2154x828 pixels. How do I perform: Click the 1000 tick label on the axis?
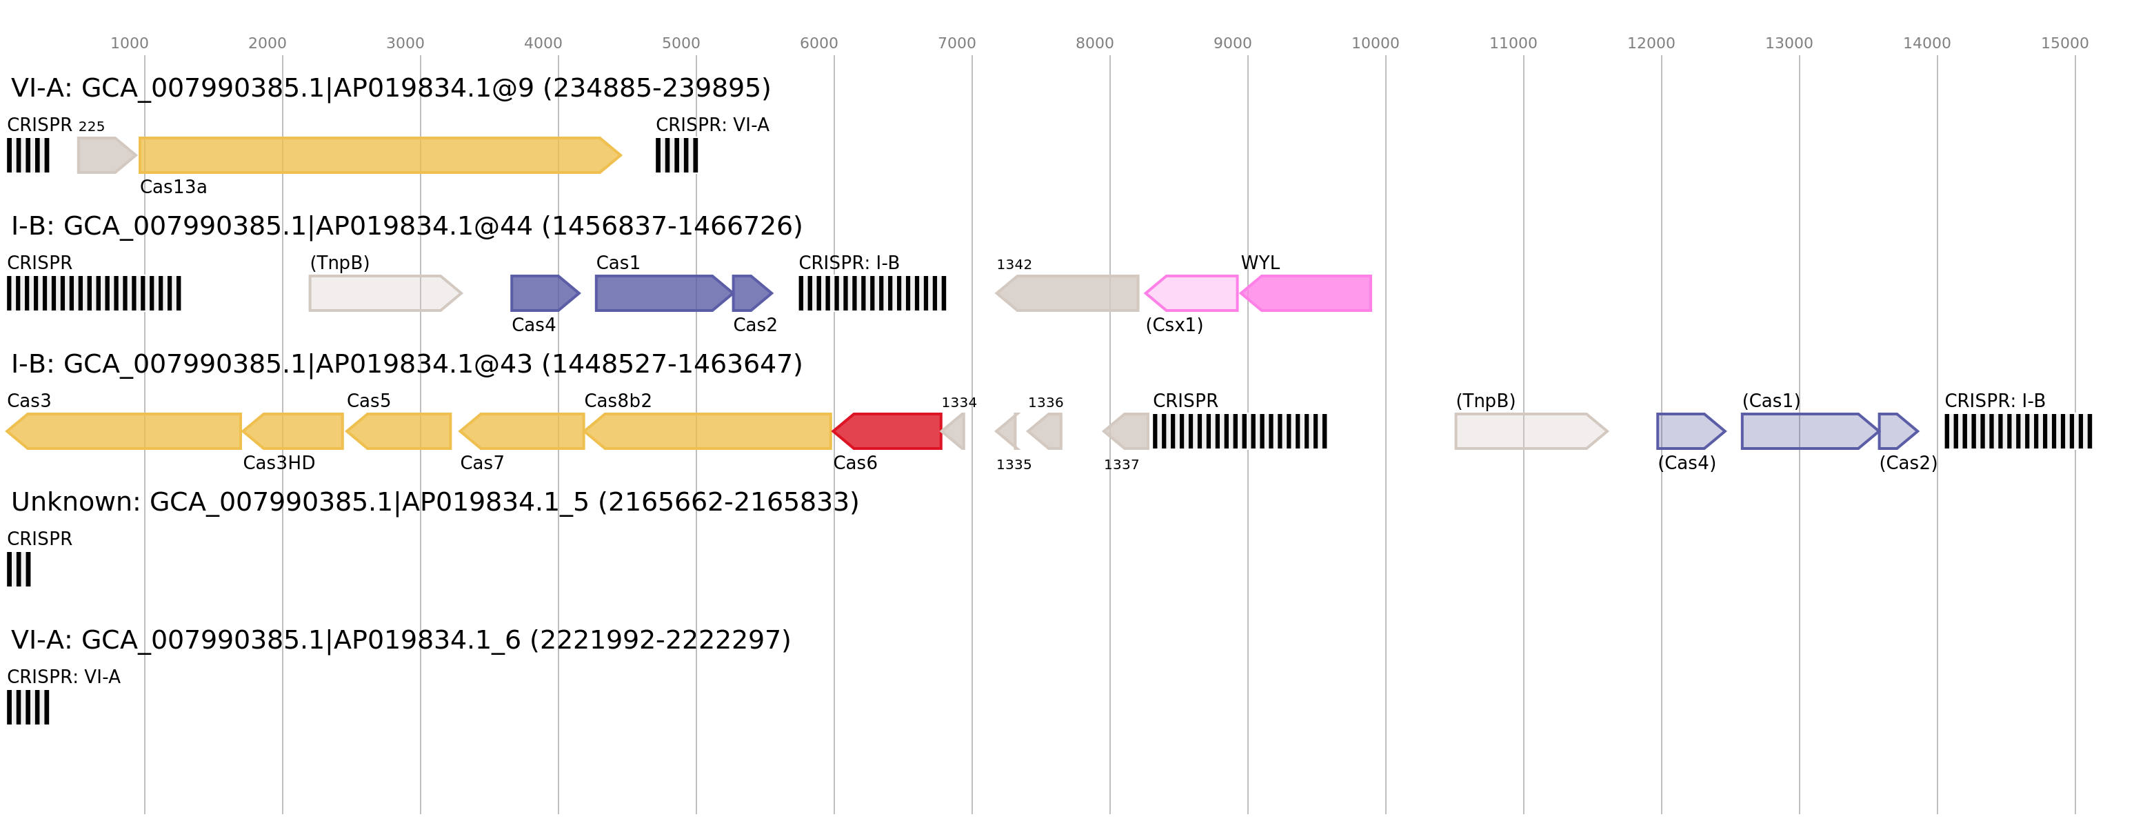click(x=129, y=43)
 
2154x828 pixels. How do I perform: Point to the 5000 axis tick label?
click(x=681, y=43)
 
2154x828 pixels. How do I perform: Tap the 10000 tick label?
click(x=1375, y=43)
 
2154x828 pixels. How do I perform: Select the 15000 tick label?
click(x=2064, y=43)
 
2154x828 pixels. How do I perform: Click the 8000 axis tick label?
click(x=1094, y=43)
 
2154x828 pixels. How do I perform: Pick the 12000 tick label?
click(x=1651, y=43)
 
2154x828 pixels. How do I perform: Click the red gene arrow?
click(x=888, y=431)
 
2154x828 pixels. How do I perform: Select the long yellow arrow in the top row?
click(x=376, y=155)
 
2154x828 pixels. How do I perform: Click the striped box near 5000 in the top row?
click(x=676, y=155)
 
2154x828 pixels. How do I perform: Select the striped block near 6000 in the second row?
click(x=872, y=293)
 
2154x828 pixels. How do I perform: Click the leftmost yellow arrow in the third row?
click(x=125, y=431)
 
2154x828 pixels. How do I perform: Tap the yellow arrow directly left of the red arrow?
click(x=711, y=431)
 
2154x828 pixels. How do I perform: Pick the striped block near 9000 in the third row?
click(x=1239, y=431)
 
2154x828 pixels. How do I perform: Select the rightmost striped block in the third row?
click(x=2017, y=431)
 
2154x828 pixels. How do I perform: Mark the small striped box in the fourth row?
click(x=19, y=569)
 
